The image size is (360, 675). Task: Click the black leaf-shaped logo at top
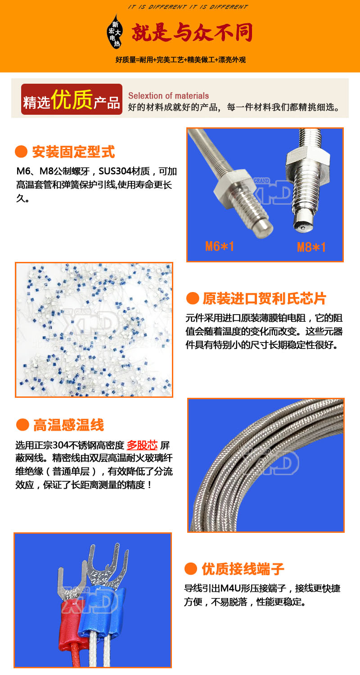tap(114, 31)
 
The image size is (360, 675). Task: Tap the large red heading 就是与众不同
tap(192, 32)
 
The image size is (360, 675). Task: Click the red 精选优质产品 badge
tap(72, 99)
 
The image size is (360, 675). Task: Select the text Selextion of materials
tap(168, 96)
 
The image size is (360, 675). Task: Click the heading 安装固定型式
tap(73, 152)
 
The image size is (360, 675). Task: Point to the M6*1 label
tap(219, 246)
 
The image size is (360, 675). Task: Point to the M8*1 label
tap(311, 247)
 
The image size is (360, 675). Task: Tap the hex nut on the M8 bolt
tap(307, 158)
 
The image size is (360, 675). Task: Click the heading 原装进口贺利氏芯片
tap(264, 298)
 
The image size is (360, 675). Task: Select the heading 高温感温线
tap(68, 425)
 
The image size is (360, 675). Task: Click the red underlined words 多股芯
tap(142, 445)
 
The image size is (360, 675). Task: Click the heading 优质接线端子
tap(243, 569)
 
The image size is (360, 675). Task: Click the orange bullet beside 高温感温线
tap(22, 425)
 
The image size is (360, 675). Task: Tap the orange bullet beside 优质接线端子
tap(190, 569)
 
